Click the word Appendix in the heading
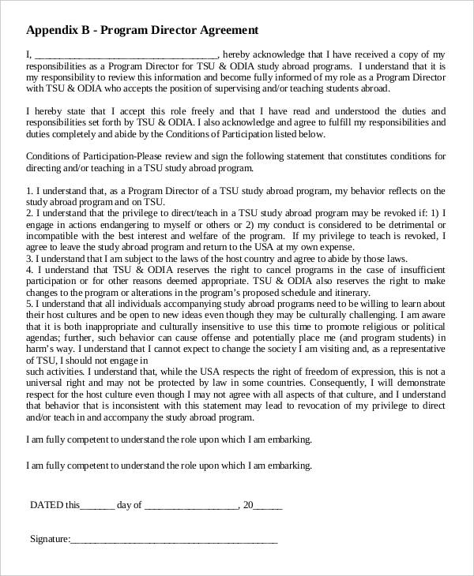coord(52,31)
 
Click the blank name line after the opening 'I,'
coord(126,55)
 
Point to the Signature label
coord(50,540)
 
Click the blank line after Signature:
coord(174,542)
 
